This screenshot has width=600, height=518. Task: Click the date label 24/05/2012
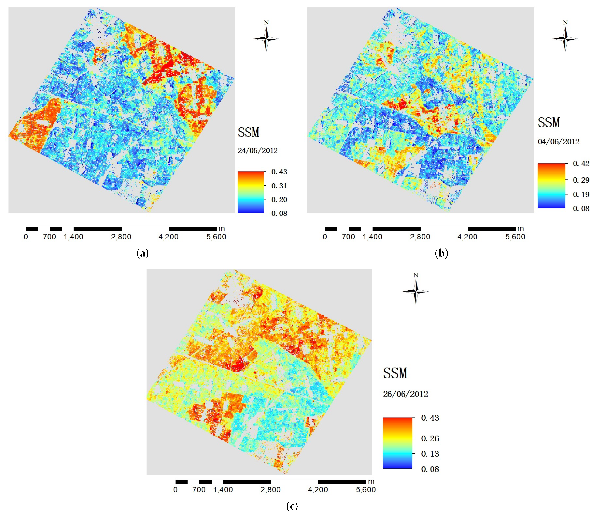257,151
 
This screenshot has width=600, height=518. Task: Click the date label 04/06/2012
558,142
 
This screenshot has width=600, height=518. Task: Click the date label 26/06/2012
405,394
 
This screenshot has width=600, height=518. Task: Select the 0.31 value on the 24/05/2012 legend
279,186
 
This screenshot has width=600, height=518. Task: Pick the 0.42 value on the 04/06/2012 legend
581,164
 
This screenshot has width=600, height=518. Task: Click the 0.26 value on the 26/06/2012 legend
430,438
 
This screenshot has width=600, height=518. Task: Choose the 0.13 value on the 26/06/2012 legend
430,454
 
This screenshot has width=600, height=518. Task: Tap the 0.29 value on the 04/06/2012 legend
581,180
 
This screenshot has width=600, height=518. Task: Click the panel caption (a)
143,253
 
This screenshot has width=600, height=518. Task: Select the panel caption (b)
441,253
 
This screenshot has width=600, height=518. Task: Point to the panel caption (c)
292,506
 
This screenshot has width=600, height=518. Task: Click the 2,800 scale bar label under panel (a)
121,237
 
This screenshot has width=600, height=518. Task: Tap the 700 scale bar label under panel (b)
348,237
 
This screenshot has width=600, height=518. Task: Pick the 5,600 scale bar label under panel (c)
366,490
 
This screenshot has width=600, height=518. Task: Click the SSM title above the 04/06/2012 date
549,123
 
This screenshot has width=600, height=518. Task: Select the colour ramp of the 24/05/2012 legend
251,192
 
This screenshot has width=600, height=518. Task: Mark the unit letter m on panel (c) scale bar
371,481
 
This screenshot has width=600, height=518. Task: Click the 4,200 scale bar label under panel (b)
467,237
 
